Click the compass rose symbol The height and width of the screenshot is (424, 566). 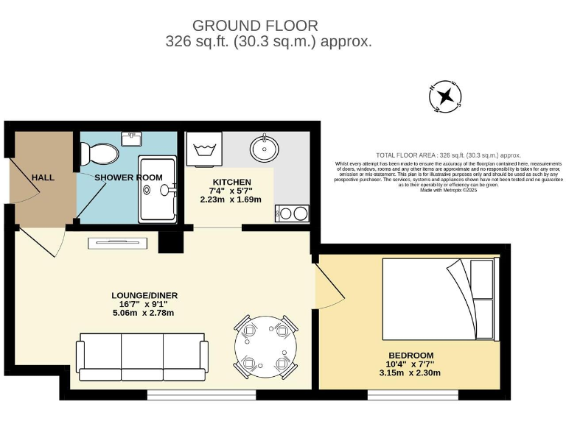coord(445,96)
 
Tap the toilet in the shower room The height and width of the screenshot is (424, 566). coord(99,154)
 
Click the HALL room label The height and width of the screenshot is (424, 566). coord(43,177)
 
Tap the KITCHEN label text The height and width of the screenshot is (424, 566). coord(231,182)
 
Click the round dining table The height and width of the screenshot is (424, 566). coord(265,346)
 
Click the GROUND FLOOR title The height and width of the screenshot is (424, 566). coord(255,26)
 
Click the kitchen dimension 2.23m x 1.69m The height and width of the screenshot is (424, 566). coord(231,199)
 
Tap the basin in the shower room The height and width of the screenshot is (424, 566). coord(133,138)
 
